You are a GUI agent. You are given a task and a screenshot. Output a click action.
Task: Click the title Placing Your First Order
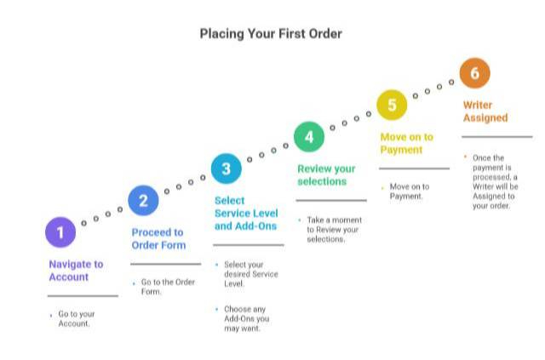click(x=271, y=34)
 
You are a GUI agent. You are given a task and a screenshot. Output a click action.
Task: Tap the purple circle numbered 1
click(x=60, y=231)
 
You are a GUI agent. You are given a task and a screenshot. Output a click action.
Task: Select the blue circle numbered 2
click(x=143, y=201)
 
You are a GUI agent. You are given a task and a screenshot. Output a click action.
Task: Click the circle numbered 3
click(x=226, y=169)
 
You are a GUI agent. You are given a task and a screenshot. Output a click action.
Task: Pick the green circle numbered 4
click(x=309, y=136)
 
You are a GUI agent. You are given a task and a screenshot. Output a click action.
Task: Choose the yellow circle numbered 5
click(x=392, y=105)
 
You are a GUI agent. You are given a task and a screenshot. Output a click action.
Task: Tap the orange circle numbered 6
click(x=474, y=73)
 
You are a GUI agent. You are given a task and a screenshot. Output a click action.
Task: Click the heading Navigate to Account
click(x=76, y=271)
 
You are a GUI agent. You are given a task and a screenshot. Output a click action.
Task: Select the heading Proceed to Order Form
click(x=158, y=238)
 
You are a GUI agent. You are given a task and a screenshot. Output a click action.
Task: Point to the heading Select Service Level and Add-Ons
click(x=246, y=214)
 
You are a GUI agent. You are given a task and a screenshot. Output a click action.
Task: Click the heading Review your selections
click(x=326, y=174)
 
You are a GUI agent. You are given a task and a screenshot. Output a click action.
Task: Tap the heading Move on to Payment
click(x=406, y=143)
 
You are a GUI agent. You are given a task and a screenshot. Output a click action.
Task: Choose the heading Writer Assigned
click(x=485, y=111)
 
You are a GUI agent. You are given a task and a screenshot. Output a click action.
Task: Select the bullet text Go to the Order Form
click(x=163, y=287)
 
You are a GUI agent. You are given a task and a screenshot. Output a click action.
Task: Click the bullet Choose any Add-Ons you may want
click(x=246, y=318)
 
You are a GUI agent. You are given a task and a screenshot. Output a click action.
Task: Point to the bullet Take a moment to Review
click(x=333, y=230)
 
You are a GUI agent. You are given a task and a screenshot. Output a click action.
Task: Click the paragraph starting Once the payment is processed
click(x=494, y=181)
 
